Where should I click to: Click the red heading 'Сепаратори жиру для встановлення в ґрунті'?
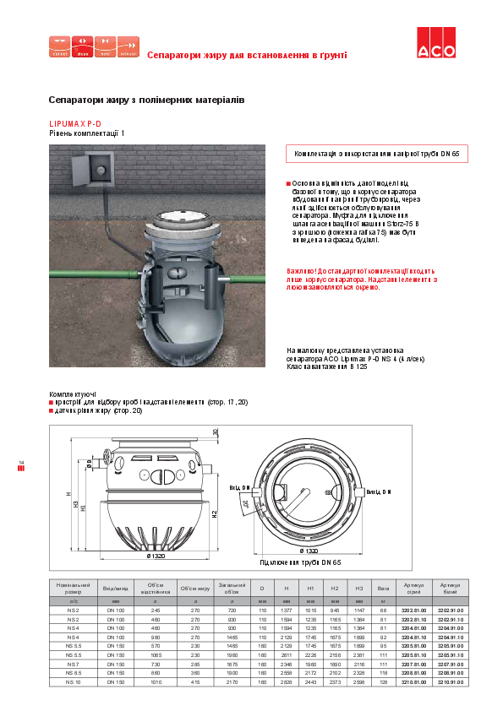pyautogui.click(x=247, y=55)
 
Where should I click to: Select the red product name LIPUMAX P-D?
pyautogui.click(x=75, y=124)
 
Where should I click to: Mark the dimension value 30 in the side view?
pyautogui.click(x=215, y=432)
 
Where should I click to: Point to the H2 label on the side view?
pyautogui.click(x=215, y=513)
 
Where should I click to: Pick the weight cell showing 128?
pyautogui.click(x=383, y=681)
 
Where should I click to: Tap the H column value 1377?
pyautogui.click(x=286, y=610)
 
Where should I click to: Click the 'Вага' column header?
pyautogui.click(x=383, y=586)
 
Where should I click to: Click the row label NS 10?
pyautogui.click(x=73, y=681)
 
